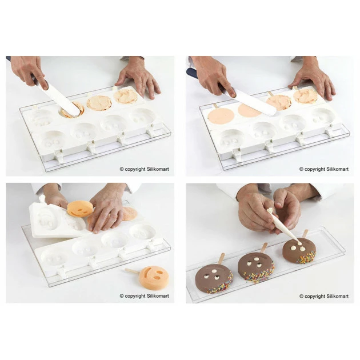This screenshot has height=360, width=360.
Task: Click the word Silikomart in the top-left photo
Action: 157,169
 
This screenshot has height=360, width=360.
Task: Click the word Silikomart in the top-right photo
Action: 337,169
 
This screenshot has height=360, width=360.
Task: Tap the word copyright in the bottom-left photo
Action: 135,296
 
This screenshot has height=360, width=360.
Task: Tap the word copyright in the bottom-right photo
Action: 315,297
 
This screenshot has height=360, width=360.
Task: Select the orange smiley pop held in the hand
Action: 81,209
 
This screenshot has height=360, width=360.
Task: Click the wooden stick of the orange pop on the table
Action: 132,271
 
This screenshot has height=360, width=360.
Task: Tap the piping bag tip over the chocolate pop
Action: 299,243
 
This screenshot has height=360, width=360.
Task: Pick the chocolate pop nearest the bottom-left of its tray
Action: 214,278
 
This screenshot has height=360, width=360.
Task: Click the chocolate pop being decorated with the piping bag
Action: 299,250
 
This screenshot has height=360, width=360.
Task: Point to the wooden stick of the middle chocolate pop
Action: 264,247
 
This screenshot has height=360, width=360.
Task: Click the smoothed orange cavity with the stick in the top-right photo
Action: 220,117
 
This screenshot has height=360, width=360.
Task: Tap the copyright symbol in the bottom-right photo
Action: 302,297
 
